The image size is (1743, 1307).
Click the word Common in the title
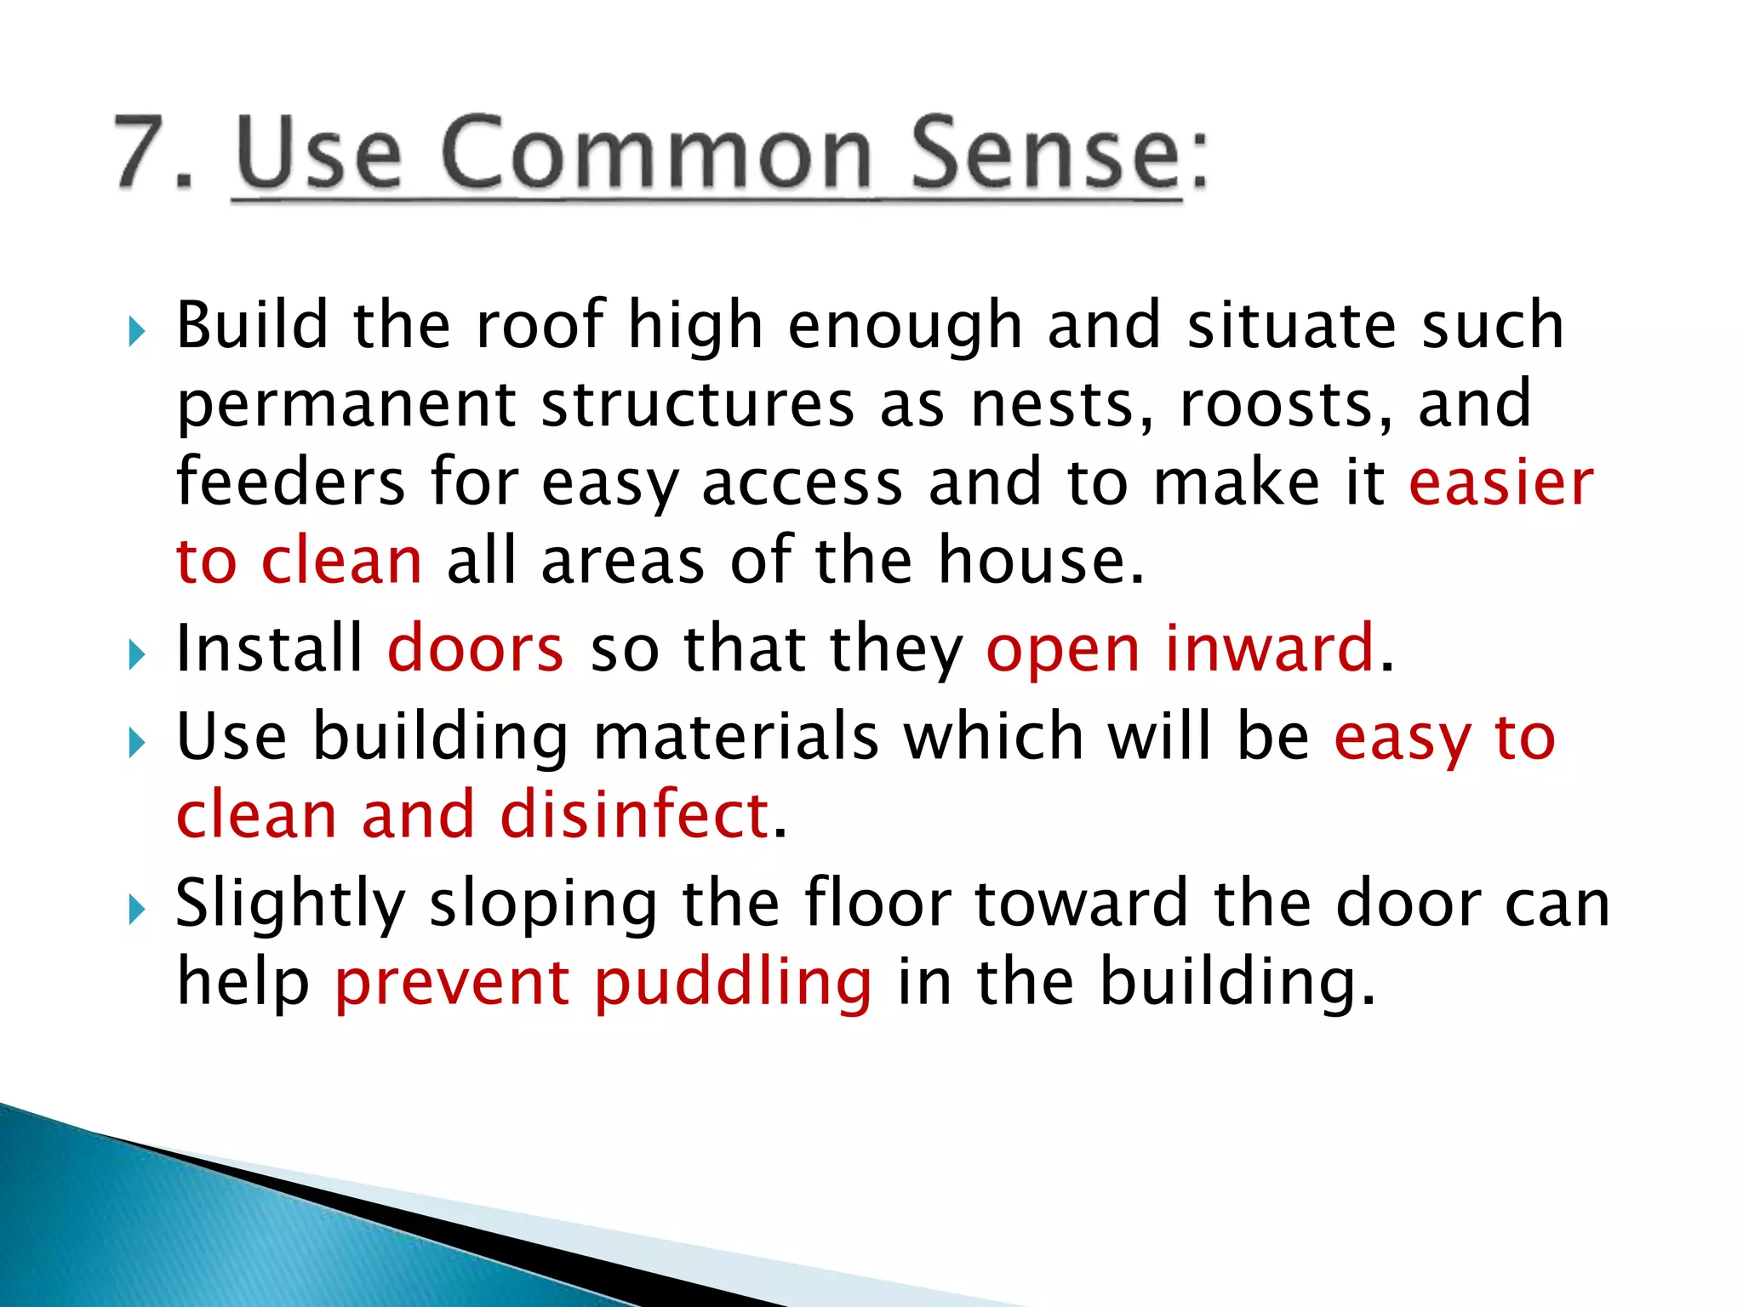[x=656, y=153]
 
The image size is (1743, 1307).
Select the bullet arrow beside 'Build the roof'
[x=137, y=331]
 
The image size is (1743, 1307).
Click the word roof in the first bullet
[x=540, y=325]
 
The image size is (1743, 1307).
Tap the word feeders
[x=290, y=482]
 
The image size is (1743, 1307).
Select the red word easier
[x=1501, y=482]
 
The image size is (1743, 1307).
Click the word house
[x=1041, y=561]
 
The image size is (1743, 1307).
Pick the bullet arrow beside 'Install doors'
[x=137, y=655]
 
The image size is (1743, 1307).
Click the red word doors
[x=476, y=649]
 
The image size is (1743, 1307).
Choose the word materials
[x=735, y=737]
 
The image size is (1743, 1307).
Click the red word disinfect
[x=635, y=815]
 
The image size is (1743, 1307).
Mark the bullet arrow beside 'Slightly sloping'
[x=137, y=910]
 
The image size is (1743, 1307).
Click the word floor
[x=877, y=903]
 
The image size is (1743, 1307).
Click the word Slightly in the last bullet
[x=290, y=905]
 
